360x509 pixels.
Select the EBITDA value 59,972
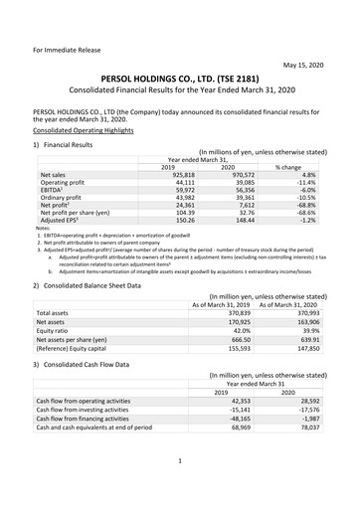coord(172,192)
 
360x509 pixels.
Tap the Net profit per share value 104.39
coord(174,219)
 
